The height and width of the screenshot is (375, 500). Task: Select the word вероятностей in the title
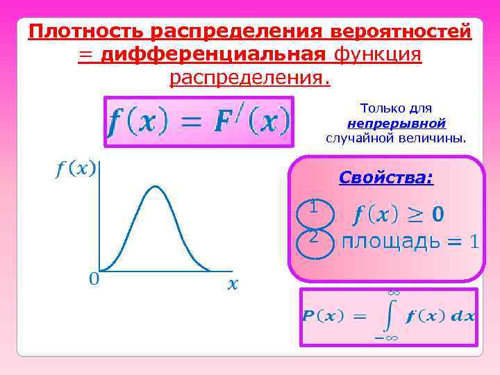coord(401,31)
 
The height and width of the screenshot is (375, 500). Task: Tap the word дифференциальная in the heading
coord(215,54)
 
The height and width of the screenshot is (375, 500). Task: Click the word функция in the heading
coord(378,54)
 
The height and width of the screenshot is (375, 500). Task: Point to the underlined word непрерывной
coord(397,123)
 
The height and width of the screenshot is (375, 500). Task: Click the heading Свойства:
coord(386,178)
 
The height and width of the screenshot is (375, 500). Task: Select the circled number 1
coord(314,207)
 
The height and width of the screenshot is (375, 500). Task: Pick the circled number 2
coord(314,237)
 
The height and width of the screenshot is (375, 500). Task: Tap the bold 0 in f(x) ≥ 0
coord(437,215)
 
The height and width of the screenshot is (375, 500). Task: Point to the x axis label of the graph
coord(233,283)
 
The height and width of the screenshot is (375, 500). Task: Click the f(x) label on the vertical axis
coord(76,169)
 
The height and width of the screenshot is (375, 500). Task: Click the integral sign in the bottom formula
coord(391,316)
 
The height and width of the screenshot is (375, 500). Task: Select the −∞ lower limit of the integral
coord(386,338)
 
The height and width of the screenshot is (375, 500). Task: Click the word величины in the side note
coord(436,137)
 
